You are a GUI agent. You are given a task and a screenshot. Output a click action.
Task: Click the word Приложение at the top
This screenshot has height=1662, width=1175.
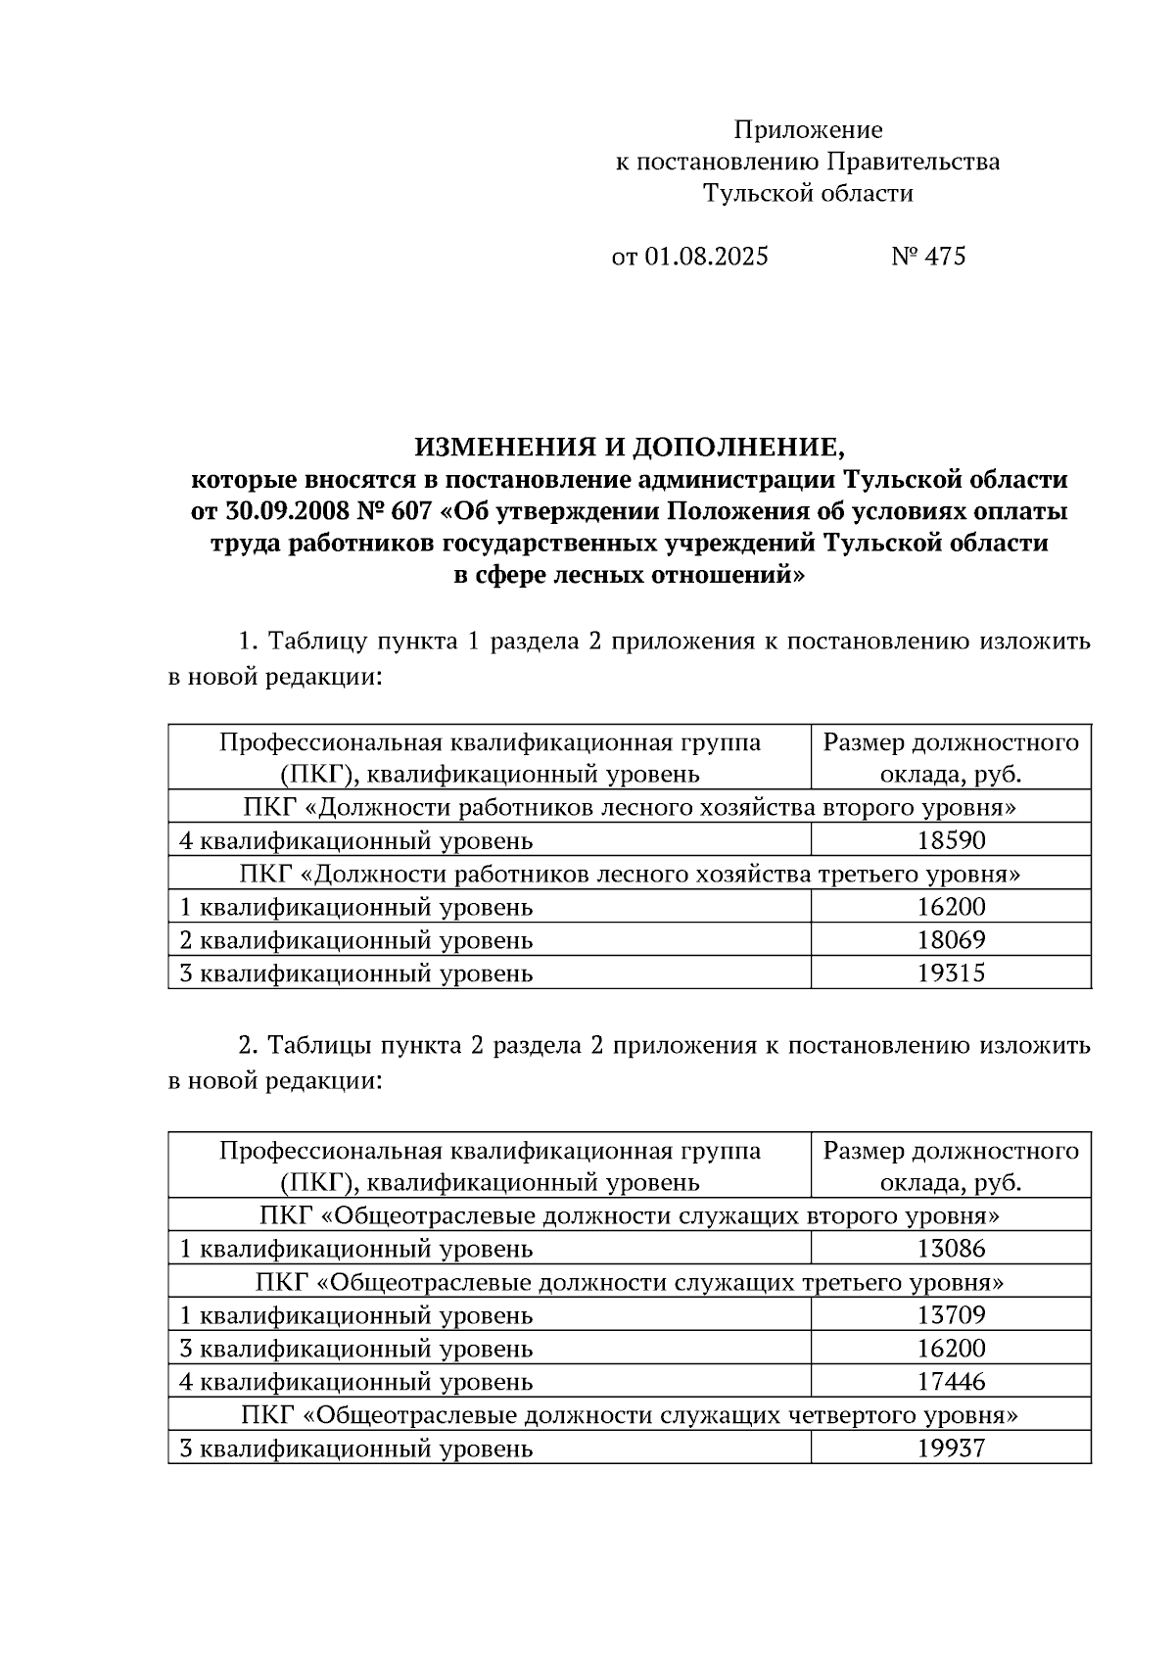[808, 130]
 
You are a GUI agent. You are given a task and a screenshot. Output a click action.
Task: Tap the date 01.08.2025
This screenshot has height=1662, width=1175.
[706, 257]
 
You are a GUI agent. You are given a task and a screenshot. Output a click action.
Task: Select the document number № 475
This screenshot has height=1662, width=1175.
[928, 257]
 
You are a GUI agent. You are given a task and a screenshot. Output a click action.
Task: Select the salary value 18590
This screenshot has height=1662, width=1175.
[951, 840]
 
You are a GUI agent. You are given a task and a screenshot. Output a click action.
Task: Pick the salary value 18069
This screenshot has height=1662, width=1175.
[951, 940]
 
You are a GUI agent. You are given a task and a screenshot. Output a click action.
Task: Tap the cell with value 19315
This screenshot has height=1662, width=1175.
[951, 973]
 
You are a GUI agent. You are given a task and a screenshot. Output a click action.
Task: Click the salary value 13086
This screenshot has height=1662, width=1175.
[951, 1249]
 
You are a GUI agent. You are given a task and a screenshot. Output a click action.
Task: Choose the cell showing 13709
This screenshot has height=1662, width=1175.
[951, 1315]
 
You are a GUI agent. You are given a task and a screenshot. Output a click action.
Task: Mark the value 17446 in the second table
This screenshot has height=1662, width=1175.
[951, 1382]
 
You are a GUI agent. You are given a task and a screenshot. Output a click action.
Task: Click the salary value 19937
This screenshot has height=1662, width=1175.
[951, 1448]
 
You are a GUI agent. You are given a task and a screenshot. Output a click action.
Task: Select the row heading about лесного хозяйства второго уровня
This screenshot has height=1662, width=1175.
[629, 808]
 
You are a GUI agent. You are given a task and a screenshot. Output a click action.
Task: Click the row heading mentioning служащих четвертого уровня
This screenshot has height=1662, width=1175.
[629, 1415]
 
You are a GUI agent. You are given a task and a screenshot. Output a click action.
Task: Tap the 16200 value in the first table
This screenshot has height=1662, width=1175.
[951, 907]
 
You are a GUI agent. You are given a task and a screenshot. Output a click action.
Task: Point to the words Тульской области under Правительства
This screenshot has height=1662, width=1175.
[808, 194]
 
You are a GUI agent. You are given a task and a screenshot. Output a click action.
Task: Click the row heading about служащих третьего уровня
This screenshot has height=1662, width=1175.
[629, 1283]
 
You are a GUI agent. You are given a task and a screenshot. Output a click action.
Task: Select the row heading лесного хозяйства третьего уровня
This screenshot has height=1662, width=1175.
[629, 874]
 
